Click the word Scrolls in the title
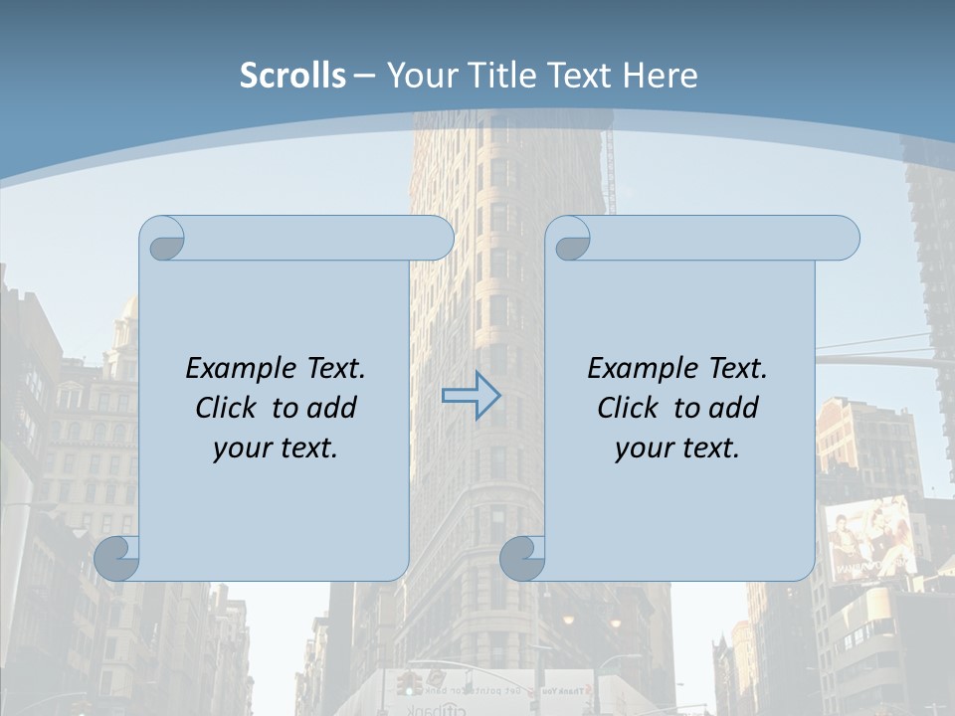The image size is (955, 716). coord(292,76)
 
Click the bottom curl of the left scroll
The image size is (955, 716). coord(117,558)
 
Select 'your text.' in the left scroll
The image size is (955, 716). coord(276,447)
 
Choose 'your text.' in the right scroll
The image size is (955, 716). coord(677,447)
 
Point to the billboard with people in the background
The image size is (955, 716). coord(869,540)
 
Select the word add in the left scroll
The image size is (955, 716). coord(332,408)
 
